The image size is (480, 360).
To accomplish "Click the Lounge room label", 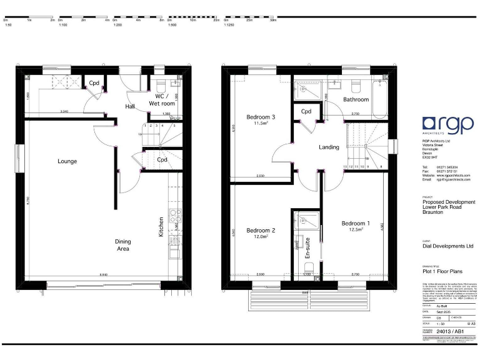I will pos(67,161).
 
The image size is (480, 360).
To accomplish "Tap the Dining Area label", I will pos(122,245).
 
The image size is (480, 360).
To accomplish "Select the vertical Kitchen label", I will pos(161,226).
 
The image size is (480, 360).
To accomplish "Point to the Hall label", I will pos(130,107).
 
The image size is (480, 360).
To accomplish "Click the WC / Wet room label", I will pos(161,100).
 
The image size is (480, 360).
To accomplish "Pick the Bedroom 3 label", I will pos(261,117).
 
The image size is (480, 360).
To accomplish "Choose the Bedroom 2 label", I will pos(261,230).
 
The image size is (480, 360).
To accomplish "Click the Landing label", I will pos(329,147).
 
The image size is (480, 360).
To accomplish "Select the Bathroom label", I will pos(356,99).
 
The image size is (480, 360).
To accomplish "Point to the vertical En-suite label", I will pos(307,248).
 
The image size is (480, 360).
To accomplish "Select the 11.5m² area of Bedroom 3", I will pos(261,124).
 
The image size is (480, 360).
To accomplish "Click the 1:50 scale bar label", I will pos(7,26).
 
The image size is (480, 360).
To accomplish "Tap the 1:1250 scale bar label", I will pos(229,26).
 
